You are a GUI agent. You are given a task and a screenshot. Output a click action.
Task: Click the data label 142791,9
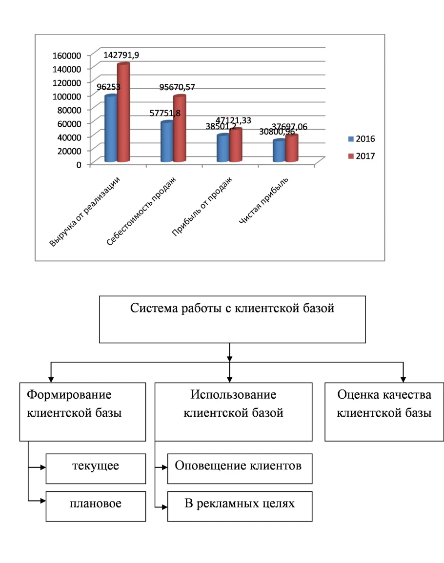[121, 55]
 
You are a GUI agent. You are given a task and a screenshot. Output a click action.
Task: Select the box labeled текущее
[96, 467]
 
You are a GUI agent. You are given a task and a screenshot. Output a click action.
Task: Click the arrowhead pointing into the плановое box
[43, 501]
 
